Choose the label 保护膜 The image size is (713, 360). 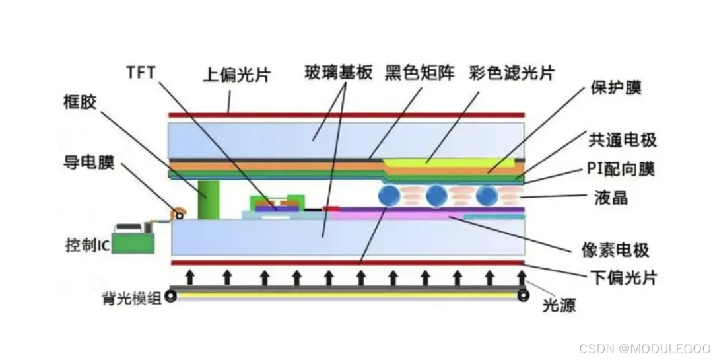pos(616,87)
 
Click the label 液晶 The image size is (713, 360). pos(611,197)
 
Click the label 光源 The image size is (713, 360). pos(559,305)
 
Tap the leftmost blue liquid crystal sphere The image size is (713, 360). pos(389,195)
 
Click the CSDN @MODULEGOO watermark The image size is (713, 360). pos(644,348)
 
